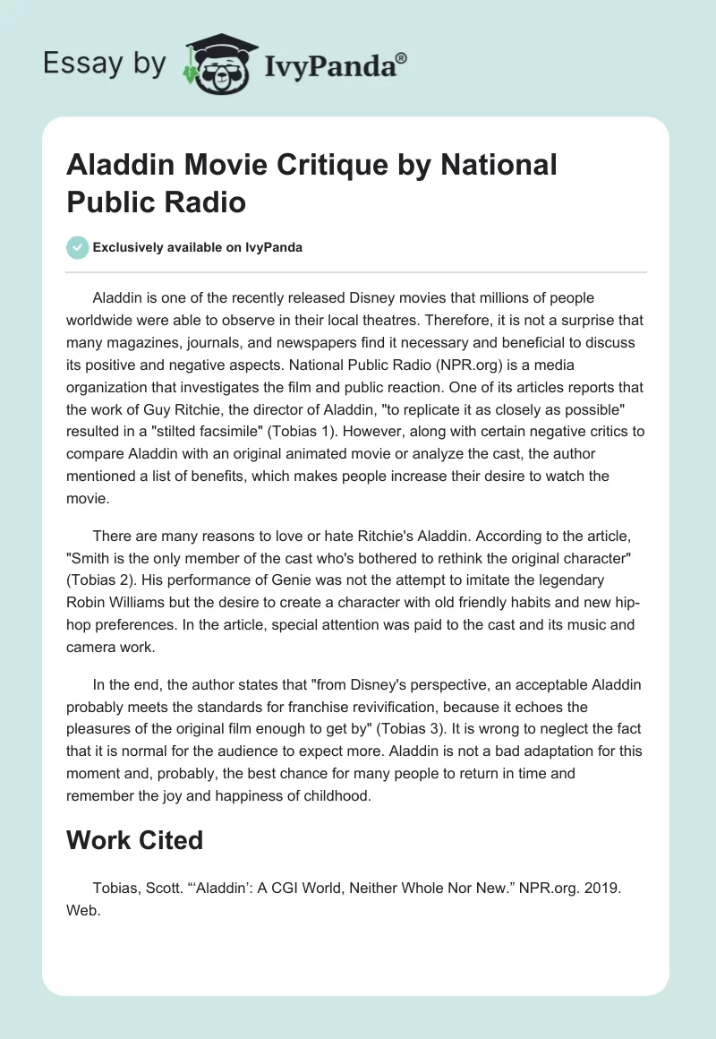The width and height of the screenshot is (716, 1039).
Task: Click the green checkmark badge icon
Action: [x=78, y=247]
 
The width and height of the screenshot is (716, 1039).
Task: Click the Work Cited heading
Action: [x=135, y=840]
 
